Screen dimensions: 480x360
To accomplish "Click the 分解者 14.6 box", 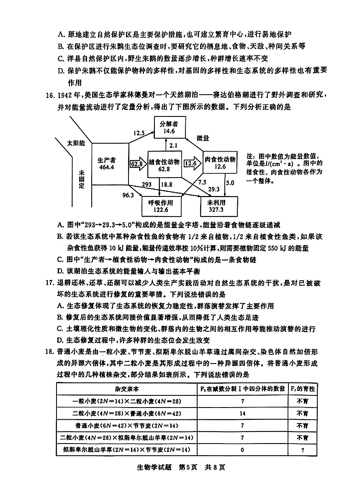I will coord(169,127).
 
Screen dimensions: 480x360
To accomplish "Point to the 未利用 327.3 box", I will coord(219,206).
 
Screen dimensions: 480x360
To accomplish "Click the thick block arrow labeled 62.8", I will coord(136,163).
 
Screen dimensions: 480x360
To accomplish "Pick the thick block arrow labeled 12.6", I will coord(191,163).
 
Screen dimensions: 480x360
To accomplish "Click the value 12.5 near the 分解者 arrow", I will coord(139,134).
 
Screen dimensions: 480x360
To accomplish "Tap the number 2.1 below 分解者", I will coord(174,145).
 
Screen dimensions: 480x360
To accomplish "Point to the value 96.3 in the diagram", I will coord(128,195).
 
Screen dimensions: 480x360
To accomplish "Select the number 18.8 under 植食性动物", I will coord(167,184).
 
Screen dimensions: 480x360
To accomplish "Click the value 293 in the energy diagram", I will coord(147,184).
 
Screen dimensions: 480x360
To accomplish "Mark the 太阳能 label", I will coord(76,143).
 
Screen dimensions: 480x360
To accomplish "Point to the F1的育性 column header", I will coord(302,389).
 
